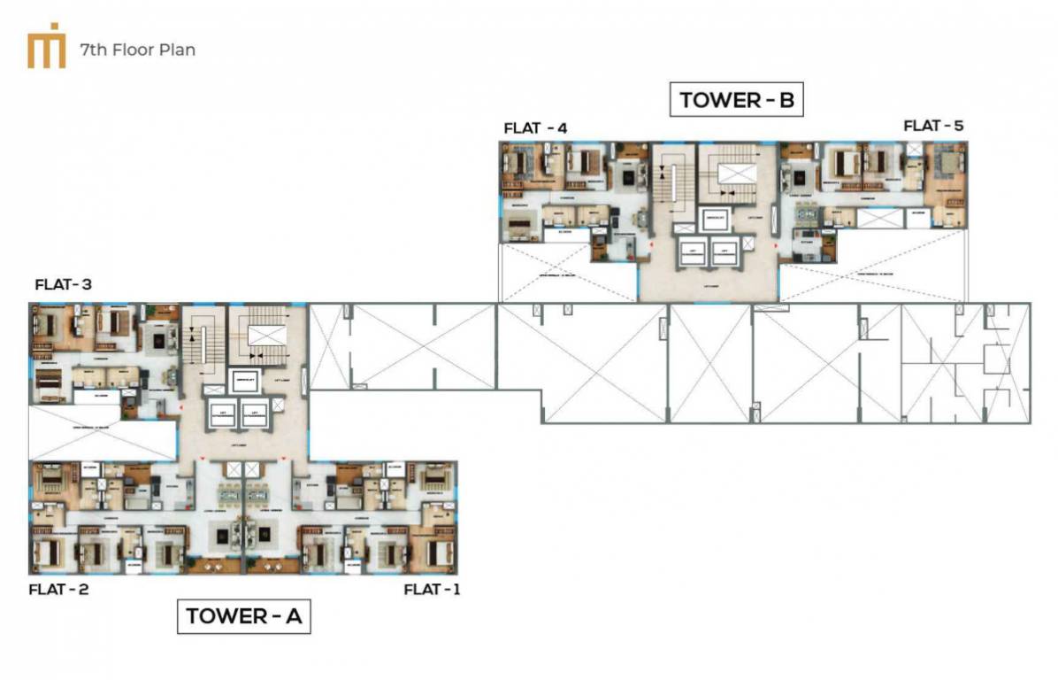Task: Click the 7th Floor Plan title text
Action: click(x=137, y=50)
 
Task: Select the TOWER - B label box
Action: click(x=738, y=100)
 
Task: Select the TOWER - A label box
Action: click(x=244, y=616)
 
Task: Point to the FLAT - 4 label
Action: click(x=535, y=128)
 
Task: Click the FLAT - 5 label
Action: click(x=933, y=127)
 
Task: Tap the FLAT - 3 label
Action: click(x=64, y=285)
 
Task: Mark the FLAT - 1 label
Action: click(x=432, y=589)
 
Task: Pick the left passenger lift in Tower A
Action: click(x=218, y=412)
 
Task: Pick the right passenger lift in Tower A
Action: click(x=254, y=412)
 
